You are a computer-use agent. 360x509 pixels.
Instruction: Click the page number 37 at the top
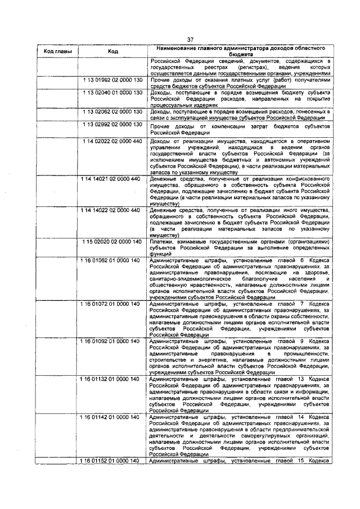[190, 39]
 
